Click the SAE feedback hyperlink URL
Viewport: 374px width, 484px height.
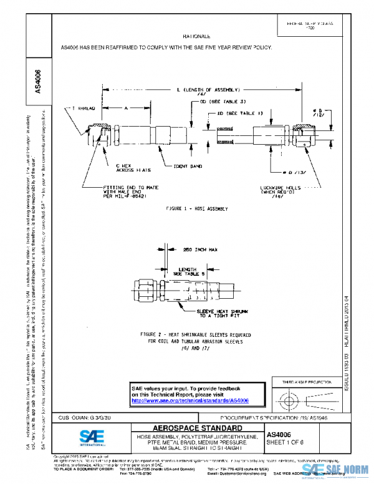pos(191,399)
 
